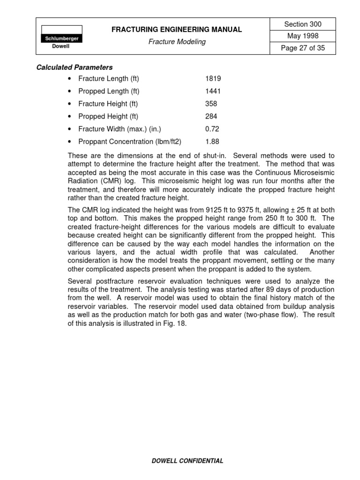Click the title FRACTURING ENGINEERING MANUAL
coord(177,30)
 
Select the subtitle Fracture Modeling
coord(177,42)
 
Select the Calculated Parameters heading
coord(75,67)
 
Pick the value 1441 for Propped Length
coord(213,91)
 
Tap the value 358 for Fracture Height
coord(211,104)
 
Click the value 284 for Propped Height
coord(211,116)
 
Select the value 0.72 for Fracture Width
coord(212,129)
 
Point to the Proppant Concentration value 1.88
coord(212,142)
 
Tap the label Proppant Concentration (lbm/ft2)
coord(130,142)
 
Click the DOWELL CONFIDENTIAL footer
coord(187,461)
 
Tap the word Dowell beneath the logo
coord(62,47)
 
